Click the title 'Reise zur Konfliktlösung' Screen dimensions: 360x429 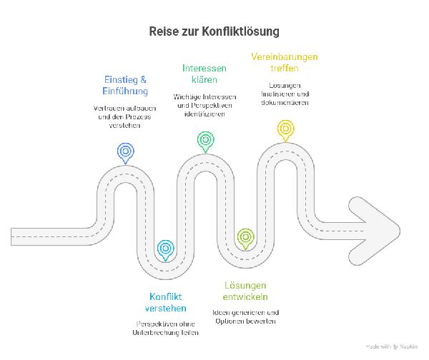tap(214, 32)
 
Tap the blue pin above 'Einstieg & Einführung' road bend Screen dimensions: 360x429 tap(125, 151)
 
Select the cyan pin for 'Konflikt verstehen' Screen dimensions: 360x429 tap(165, 248)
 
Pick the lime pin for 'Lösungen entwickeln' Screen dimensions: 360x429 tap(245, 236)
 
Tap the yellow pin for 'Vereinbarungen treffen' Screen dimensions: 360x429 tap(285, 129)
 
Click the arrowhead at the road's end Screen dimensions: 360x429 tap(379, 223)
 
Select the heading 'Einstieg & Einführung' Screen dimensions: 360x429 tap(125, 86)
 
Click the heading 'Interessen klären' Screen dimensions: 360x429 tap(204, 74)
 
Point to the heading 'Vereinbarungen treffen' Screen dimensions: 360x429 tap(285, 62)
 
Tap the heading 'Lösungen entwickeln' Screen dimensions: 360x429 tap(246, 291)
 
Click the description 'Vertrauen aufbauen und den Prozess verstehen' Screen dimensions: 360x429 tap(125, 116)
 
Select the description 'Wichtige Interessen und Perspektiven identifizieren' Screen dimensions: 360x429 tap(204, 105)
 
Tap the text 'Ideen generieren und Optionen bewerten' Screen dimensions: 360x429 tap(246, 316)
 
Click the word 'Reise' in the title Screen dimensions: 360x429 tap(162, 32)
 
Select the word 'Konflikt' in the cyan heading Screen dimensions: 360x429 tap(166, 296)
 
